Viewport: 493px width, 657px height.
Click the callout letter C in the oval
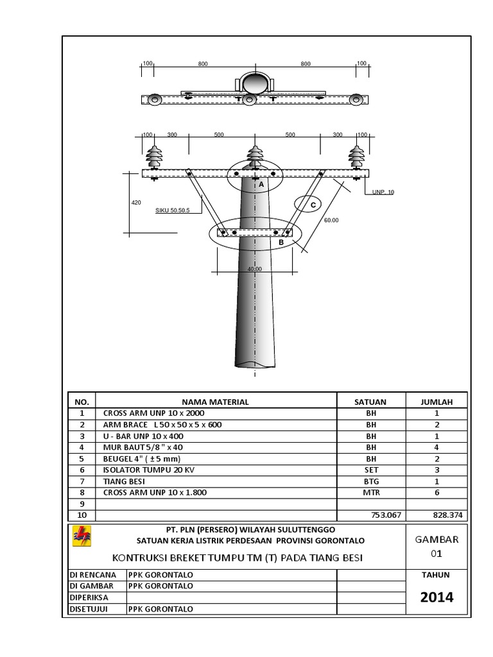coord(313,205)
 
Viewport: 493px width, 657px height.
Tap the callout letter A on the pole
coord(261,184)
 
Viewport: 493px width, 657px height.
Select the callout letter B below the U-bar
coord(281,243)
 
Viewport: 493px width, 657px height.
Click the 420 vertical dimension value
coord(135,202)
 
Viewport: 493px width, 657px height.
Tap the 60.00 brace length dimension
coord(331,220)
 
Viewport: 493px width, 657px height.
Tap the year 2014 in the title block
coord(437,597)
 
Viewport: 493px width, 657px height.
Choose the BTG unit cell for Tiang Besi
coord(370,481)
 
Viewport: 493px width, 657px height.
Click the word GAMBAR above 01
coord(437,539)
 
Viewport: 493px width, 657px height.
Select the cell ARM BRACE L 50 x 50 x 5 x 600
coord(164,425)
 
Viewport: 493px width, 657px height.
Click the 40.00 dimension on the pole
coord(255,269)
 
